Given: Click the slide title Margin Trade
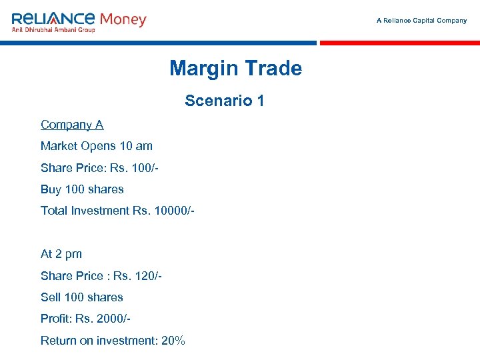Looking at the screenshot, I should [235, 68].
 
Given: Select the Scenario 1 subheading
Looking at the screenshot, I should [225, 101].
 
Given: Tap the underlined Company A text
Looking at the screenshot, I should [72, 125].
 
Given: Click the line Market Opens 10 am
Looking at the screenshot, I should [97, 146].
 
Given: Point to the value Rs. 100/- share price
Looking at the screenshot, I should [135, 168].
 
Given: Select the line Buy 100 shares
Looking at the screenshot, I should [82, 189].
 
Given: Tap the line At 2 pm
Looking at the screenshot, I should [61, 254].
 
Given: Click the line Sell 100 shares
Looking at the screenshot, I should [82, 297].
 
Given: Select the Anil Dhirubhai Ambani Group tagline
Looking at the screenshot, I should [53, 29].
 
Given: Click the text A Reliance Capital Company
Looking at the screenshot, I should [421, 21].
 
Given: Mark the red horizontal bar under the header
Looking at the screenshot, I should [399, 43].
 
